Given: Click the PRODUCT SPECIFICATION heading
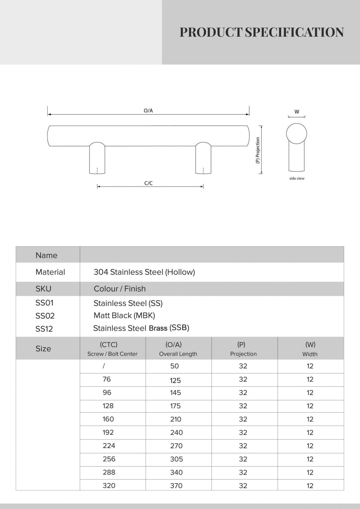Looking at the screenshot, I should [x=262, y=32].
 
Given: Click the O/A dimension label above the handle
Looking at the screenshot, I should [x=148, y=111].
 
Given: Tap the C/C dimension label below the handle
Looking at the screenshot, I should [x=149, y=183].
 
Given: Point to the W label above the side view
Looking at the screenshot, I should [x=297, y=112].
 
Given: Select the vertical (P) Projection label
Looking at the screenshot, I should [x=258, y=150].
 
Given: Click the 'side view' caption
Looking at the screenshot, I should [x=297, y=178].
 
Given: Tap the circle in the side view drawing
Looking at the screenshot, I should [x=297, y=134].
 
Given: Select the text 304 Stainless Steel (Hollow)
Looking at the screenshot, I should [x=144, y=272].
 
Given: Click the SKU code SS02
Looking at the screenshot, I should [x=45, y=316].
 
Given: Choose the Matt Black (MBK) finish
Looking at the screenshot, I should [x=124, y=315].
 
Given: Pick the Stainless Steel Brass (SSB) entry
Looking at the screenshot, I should [x=141, y=328].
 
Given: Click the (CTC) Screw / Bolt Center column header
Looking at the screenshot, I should [x=112, y=349].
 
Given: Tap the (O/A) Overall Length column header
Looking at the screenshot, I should [x=178, y=349].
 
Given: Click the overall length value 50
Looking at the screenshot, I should [x=174, y=366].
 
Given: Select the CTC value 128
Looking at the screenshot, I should [x=108, y=406].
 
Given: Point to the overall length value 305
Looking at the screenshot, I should [x=176, y=459].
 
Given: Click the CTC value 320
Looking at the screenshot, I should [x=109, y=486].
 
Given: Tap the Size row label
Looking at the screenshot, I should [x=43, y=349].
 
